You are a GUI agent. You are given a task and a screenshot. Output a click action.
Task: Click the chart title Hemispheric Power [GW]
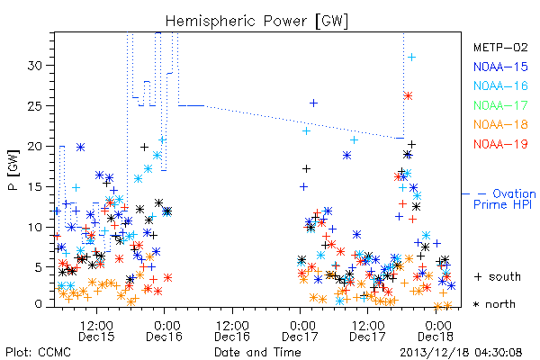[x=256, y=21]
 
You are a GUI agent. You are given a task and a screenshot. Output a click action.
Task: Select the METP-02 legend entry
[x=500, y=47]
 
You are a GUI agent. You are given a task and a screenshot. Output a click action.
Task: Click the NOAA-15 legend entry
[x=500, y=67]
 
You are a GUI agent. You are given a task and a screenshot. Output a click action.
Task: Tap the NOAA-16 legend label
[x=500, y=85]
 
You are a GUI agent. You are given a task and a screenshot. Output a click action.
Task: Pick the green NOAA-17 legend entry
[x=500, y=105]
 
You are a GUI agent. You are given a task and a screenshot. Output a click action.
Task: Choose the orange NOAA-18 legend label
[x=500, y=124]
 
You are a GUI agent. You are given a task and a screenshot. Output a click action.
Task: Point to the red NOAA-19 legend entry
[x=500, y=144]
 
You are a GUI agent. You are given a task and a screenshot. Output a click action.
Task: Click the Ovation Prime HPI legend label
[x=504, y=199]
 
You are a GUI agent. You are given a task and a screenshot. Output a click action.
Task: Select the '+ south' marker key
[x=498, y=276]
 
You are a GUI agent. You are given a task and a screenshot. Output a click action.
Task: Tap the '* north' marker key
[x=494, y=304]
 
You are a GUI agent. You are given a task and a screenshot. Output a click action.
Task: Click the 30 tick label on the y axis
[x=35, y=66]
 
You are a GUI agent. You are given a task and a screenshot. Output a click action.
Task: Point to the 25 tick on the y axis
[x=35, y=106]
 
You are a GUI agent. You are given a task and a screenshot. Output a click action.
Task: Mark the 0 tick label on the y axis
[x=38, y=304]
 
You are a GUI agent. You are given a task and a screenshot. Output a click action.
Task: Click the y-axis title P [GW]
[x=14, y=170]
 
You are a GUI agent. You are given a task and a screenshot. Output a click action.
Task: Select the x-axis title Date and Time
[x=257, y=352]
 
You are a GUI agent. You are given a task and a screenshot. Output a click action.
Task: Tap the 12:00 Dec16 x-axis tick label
[x=232, y=331]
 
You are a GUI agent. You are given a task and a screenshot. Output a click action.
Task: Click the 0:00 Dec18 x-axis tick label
[x=436, y=331]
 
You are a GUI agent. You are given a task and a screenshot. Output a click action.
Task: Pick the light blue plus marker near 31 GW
[x=411, y=58]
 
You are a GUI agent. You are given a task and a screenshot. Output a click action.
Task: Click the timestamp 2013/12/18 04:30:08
[x=461, y=353]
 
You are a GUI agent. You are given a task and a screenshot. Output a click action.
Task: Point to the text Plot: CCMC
[x=38, y=352]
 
